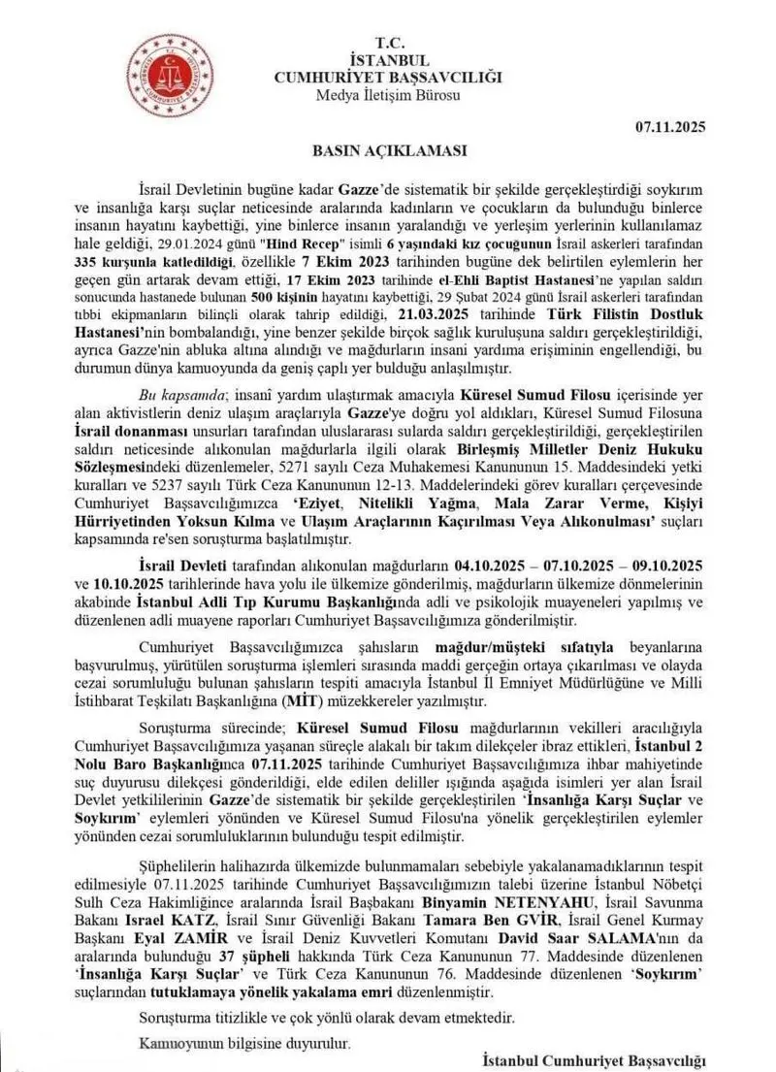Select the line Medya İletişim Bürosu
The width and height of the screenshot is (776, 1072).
[388, 94]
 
